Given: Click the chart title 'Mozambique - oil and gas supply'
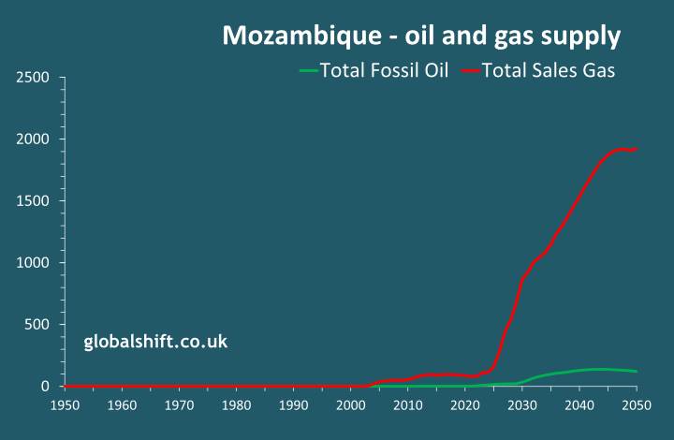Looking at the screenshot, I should coord(420,37).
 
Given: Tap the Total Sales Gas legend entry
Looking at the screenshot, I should coord(548,70).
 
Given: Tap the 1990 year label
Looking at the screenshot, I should coord(293,404).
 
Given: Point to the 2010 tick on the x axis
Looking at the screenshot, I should coord(407,404).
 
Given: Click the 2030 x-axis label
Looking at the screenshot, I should coord(522,404).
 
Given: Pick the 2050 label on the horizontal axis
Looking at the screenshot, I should coord(637,404).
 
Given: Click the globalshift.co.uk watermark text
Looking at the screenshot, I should coord(155,342).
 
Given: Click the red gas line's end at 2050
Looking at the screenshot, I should coord(637,148).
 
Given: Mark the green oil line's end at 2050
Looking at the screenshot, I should coord(637,372).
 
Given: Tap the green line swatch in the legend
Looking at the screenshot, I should coord(308,70).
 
